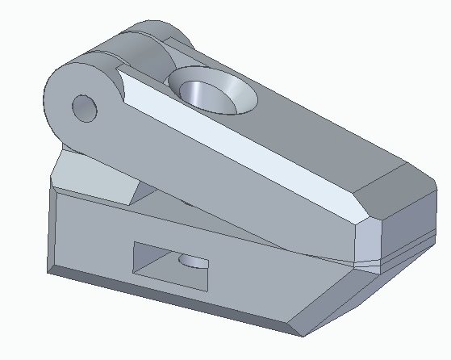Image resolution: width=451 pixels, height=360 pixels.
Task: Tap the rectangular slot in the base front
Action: [x=170, y=266]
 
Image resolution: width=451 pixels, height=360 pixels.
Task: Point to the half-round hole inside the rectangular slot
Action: [x=192, y=261]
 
